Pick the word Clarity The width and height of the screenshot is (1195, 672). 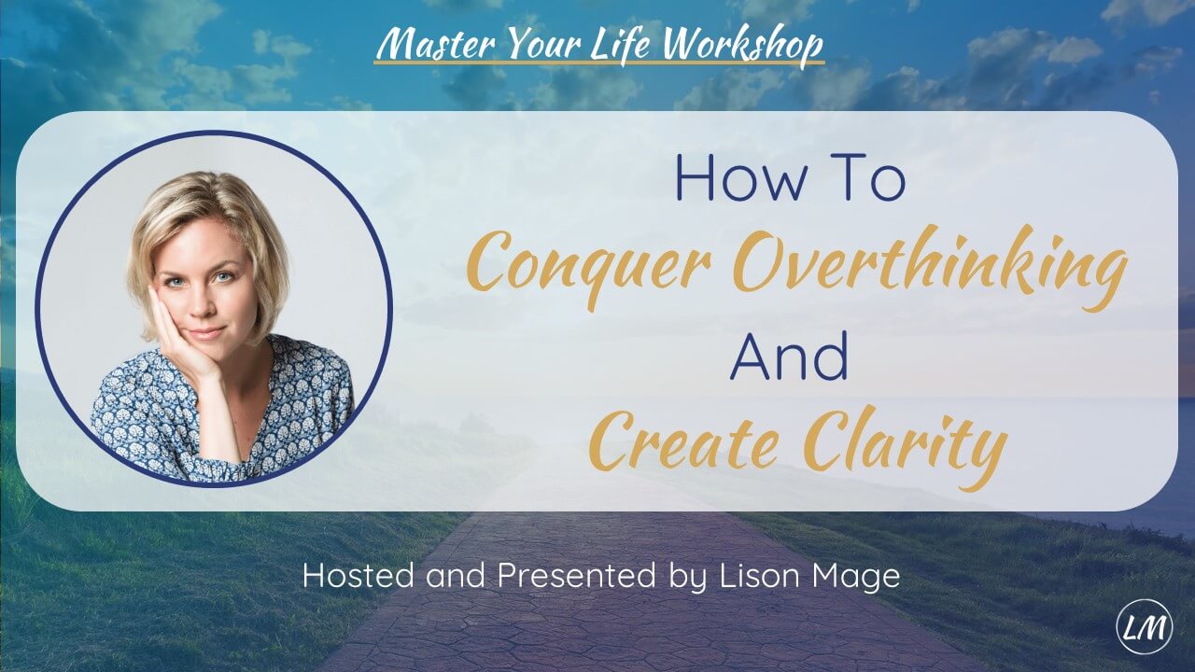pyautogui.click(x=903, y=446)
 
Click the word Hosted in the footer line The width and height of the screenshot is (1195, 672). pyautogui.click(x=357, y=576)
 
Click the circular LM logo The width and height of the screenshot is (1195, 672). pyautogui.click(x=1145, y=626)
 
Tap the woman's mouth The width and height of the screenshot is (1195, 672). pyautogui.click(x=205, y=331)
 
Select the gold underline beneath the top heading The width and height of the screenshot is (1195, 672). pyautogui.click(x=598, y=63)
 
